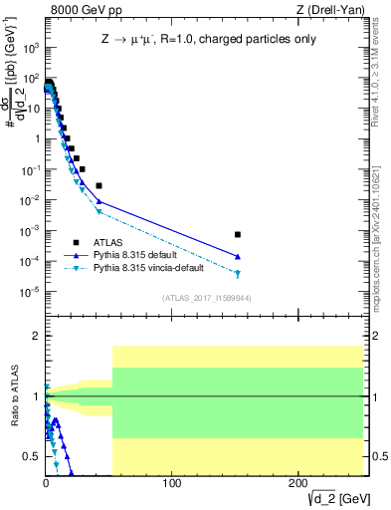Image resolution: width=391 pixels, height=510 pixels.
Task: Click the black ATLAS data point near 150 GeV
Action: [x=238, y=235]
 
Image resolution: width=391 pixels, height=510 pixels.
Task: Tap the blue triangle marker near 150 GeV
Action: [x=238, y=257]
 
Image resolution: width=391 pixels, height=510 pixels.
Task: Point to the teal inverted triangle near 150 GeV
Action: [x=238, y=274]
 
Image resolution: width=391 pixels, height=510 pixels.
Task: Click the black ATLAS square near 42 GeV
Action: [x=98, y=185]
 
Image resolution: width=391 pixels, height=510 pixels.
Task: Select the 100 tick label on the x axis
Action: [x=172, y=484]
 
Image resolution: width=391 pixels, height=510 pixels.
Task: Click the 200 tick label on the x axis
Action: [x=298, y=484]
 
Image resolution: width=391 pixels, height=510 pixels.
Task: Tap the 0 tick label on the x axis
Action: [x=46, y=484]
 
